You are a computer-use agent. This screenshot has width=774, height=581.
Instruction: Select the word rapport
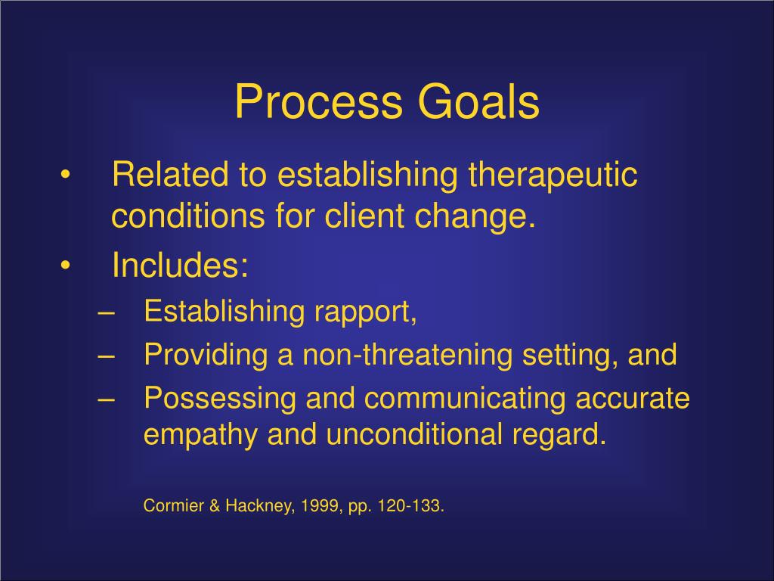[372, 312]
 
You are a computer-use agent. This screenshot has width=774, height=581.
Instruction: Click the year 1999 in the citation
[317, 505]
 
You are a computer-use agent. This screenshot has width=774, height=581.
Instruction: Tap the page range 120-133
[411, 505]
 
